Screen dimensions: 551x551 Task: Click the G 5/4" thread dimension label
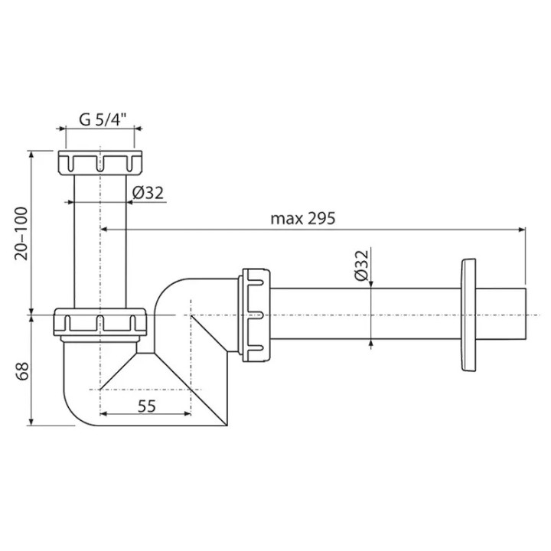[103, 120]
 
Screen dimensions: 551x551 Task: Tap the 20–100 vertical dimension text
[21, 233]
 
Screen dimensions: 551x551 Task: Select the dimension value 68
[21, 371]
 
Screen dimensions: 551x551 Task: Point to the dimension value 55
[146, 406]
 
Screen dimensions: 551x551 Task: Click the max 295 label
[302, 219]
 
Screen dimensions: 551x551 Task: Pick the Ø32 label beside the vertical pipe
[148, 193]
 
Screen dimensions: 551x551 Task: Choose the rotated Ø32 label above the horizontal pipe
[361, 266]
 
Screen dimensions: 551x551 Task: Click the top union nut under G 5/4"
[100, 163]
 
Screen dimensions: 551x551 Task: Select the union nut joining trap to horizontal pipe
[254, 315]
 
